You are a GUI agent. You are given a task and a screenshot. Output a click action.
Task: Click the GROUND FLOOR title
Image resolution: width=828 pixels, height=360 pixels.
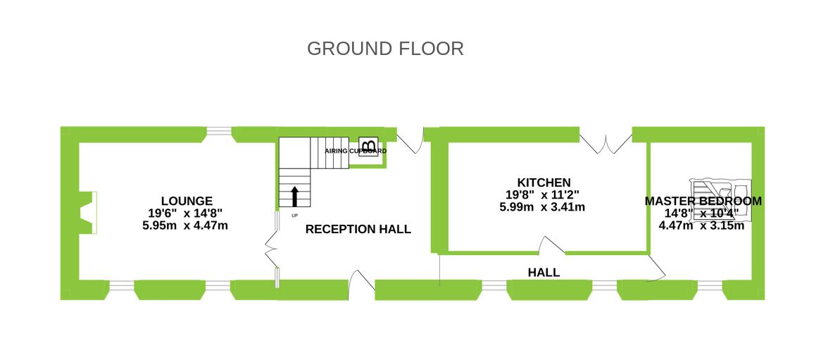(385, 49)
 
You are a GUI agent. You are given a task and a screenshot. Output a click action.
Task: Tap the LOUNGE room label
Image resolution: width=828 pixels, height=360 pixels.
(187, 201)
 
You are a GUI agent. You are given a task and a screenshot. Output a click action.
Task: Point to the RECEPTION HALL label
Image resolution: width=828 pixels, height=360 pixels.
(358, 229)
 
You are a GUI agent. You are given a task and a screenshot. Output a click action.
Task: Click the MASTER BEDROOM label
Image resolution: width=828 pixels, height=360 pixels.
(703, 201)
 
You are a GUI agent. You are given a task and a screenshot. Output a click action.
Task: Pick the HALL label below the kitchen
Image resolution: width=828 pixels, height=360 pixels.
(544, 273)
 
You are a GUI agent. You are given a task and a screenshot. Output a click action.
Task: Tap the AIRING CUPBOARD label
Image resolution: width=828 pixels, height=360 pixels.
(355, 151)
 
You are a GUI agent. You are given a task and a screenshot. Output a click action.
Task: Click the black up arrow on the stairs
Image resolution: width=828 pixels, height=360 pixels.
(294, 197)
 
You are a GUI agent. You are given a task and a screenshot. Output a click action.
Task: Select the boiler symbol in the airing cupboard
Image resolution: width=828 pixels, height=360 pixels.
(368, 146)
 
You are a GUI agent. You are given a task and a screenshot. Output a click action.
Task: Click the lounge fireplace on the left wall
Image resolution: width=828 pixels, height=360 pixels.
(89, 213)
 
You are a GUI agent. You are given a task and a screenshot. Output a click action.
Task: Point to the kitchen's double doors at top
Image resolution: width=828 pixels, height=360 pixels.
(606, 142)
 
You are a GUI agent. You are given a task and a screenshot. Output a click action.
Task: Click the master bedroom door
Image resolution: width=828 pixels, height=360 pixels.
(657, 268)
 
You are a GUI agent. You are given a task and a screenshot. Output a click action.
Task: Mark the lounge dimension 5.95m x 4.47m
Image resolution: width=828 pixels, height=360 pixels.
(184, 225)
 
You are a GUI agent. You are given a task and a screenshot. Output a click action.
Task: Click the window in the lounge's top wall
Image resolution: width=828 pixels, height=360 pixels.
(219, 130)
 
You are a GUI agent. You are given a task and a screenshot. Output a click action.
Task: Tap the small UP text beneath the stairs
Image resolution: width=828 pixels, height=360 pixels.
(294, 215)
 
